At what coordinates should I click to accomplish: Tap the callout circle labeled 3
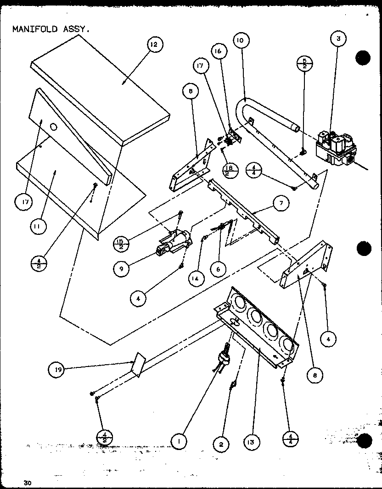point(338,39)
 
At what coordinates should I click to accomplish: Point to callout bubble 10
point(240,40)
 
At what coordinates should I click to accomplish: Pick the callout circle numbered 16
point(218,51)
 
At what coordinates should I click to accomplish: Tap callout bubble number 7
point(278,202)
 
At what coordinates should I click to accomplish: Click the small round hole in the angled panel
point(54,127)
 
